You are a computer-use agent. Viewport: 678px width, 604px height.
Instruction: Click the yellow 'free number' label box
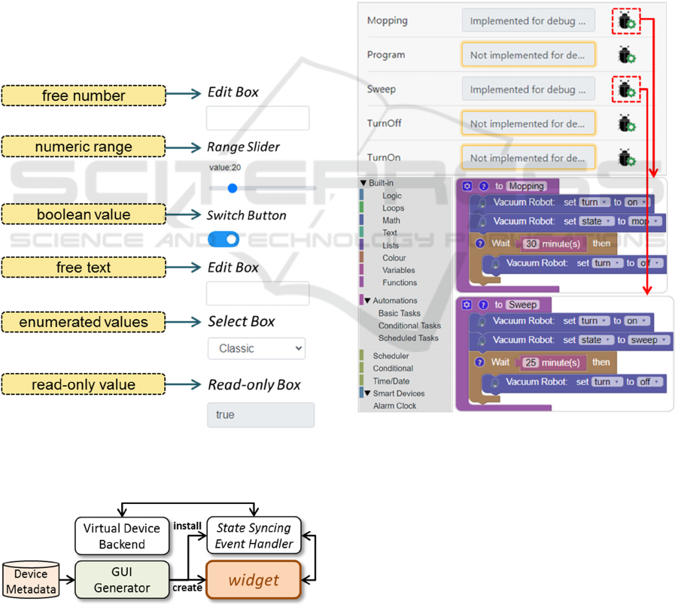84,96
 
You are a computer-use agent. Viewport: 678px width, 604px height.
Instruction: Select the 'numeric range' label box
84,147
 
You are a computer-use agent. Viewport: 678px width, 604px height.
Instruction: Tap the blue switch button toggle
223,239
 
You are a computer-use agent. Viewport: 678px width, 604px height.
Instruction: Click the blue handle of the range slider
232,188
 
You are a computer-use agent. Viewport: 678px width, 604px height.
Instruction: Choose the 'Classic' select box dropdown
257,348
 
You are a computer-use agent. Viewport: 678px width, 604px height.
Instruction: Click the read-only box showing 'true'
260,414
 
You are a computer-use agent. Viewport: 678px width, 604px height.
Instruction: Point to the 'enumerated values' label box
84,322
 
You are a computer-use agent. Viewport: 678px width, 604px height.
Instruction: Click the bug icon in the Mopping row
626,21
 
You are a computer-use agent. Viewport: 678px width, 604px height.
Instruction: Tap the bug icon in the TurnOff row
626,123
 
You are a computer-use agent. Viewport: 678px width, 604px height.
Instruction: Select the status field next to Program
528,55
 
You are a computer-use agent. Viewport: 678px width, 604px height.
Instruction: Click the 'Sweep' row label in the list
381,90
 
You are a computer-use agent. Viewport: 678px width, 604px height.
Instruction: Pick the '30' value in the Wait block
531,244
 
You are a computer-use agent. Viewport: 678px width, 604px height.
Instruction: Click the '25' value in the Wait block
531,363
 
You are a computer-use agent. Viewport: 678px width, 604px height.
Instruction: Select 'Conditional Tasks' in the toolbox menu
409,326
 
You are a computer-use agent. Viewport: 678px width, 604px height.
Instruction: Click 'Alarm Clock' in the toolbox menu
394,406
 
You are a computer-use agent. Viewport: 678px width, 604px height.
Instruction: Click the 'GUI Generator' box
122,580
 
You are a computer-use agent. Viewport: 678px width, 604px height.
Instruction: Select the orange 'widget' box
254,581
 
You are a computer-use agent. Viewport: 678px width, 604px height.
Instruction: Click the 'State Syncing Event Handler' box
254,536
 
